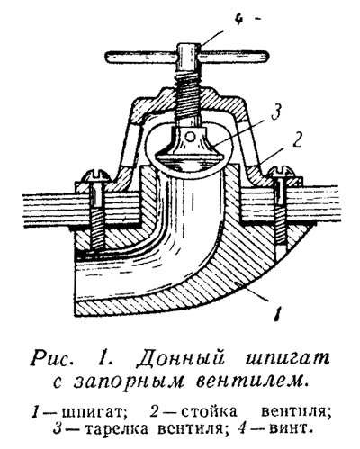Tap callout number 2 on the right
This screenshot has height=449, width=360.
tap(297, 139)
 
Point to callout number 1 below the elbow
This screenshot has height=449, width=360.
tap(278, 314)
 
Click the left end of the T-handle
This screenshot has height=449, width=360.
tap(109, 58)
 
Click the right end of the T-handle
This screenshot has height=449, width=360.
tap(265, 57)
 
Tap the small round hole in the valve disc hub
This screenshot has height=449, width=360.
tap(189, 138)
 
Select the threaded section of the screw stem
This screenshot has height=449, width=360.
tap(189, 99)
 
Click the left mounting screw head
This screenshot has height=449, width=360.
tap(96, 177)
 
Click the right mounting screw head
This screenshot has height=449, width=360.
tap(282, 174)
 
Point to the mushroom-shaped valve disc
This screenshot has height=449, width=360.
tap(189, 146)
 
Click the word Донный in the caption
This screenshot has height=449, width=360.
tap(181, 359)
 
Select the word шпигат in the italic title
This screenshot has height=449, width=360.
tap(287, 359)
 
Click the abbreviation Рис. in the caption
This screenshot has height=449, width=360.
tap(53, 358)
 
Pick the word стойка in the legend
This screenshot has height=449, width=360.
tap(209, 411)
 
